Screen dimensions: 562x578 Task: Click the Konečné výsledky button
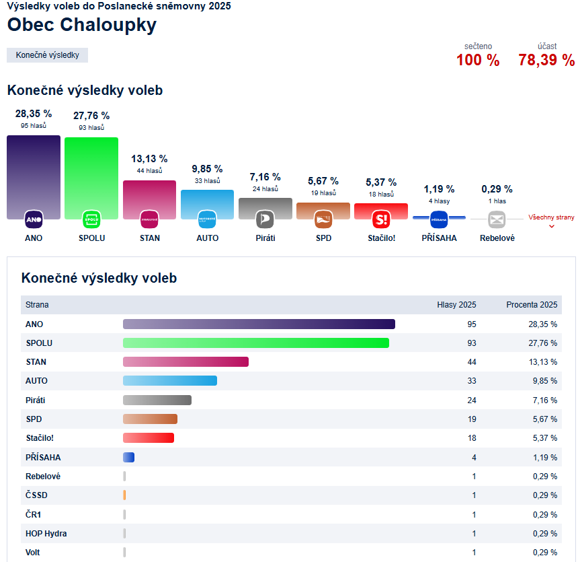47,55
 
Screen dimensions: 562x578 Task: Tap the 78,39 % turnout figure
546,60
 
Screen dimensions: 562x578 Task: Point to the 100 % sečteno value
478,60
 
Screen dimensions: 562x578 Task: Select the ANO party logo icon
34,219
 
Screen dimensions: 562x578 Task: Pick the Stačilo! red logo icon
381,219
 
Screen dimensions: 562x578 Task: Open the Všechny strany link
551,218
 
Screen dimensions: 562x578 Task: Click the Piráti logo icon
265,219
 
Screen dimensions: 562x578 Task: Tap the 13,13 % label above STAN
149,159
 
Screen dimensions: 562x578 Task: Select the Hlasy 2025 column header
456,305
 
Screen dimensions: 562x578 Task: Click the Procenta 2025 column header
532,305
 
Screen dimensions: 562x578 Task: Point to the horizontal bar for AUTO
170,381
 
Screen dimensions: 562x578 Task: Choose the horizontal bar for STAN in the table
185,362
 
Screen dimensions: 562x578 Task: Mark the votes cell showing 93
471,343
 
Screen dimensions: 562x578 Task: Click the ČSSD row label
36,495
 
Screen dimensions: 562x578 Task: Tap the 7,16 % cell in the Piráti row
544,400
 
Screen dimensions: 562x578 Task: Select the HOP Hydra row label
46,534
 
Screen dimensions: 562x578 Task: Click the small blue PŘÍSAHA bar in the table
128,458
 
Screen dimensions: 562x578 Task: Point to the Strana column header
37,305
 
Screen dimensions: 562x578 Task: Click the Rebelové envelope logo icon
497,219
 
